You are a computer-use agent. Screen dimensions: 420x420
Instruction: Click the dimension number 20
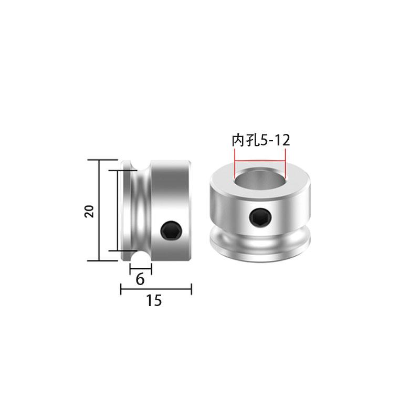tap(89, 212)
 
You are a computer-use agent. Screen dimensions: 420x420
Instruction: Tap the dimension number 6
tap(140, 279)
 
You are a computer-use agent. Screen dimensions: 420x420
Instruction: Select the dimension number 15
tap(154, 300)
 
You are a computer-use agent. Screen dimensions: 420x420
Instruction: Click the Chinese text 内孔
tap(243, 141)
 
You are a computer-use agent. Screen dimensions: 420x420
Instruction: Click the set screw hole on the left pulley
tap(172, 230)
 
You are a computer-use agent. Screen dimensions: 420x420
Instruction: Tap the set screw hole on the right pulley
tap(260, 216)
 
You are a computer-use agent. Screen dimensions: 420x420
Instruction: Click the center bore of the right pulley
tap(260, 177)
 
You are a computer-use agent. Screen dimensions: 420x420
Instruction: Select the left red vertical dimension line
tap(234, 163)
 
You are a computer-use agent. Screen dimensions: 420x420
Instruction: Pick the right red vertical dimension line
tap(285, 163)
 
